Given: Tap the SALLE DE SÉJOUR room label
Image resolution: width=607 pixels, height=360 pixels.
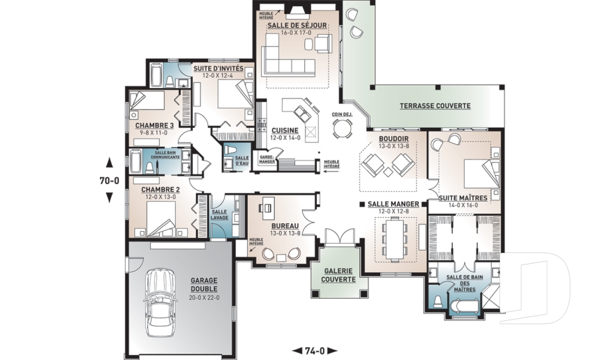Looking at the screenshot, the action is pyautogui.click(x=297, y=25).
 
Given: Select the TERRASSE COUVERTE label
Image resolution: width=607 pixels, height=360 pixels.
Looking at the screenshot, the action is pyautogui.click(x=435, y=106).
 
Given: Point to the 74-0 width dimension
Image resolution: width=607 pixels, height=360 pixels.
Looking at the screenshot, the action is pyautogui.click(x=314, y=351).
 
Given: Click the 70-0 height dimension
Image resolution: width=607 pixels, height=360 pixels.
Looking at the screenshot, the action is pyautogui.click(x=109, y=180).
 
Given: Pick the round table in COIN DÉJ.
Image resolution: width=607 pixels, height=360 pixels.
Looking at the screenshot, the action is pyautogui.click(x=343, y=128).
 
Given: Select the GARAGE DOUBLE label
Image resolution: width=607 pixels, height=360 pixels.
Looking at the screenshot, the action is pyautogui.click(x=204, y=285).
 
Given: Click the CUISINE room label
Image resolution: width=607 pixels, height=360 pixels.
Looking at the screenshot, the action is pyautogui.click(x=285, y=130).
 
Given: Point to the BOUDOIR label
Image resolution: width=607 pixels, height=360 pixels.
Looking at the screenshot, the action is pyautogui.click(x=393, y=139).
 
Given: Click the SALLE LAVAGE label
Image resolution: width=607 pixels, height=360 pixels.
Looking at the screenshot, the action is pyautogui.click(x=219, y=214).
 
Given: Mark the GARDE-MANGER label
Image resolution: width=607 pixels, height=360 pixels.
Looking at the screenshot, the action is pyautogui.click(x=267, y=159).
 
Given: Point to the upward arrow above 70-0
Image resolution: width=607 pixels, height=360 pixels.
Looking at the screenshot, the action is pyautogui.click(x=109, y=161).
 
